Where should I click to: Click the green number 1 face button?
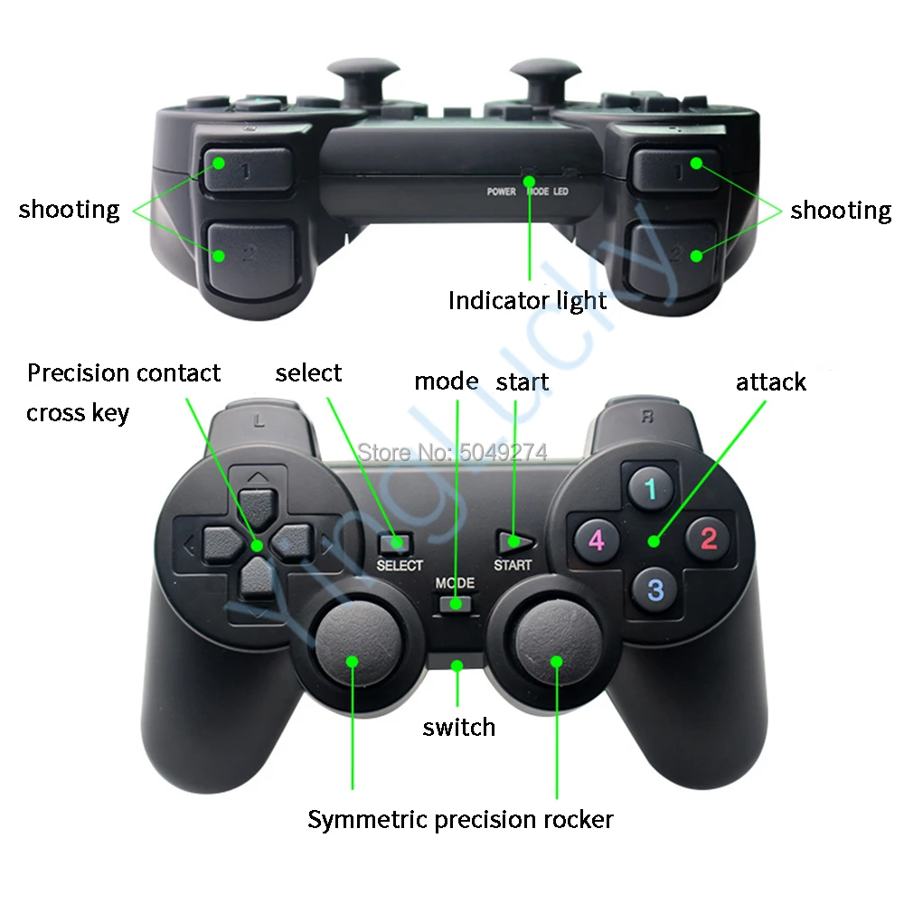(x=649, y=490)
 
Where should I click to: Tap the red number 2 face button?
(x=708, y=539)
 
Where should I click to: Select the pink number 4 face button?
(x=596, y=541)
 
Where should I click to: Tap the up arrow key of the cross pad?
(x=259, y=504)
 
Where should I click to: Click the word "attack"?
(x=770, y=382)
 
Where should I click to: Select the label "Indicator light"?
(x=528, y=300)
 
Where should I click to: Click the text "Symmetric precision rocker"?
(x=460, y=820)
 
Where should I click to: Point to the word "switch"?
(x=459, y=727)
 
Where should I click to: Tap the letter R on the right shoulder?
(x=647, y=418)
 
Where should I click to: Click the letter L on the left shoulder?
(x=259, y=419)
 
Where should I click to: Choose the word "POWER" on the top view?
(x=502, y=192)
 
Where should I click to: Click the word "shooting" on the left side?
(x=69, y=210)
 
